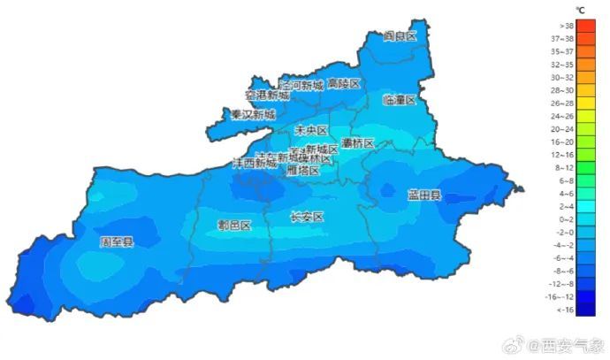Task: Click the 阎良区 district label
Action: pos(400,36)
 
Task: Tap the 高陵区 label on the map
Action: pos(344,84)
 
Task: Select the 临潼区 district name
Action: pos(400,100)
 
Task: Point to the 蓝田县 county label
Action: pos(423,195)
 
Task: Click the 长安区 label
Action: pos(307,217)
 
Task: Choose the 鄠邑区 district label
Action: pos(234,225)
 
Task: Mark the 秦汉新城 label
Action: pos(253,115)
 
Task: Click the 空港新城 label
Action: pos(267,95)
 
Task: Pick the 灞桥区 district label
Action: pos(358,142)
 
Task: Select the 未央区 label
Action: pos(311,130)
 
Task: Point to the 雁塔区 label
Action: pos(303,171)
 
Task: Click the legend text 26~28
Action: pos(562,103)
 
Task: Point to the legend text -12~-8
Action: pos(562,284)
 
